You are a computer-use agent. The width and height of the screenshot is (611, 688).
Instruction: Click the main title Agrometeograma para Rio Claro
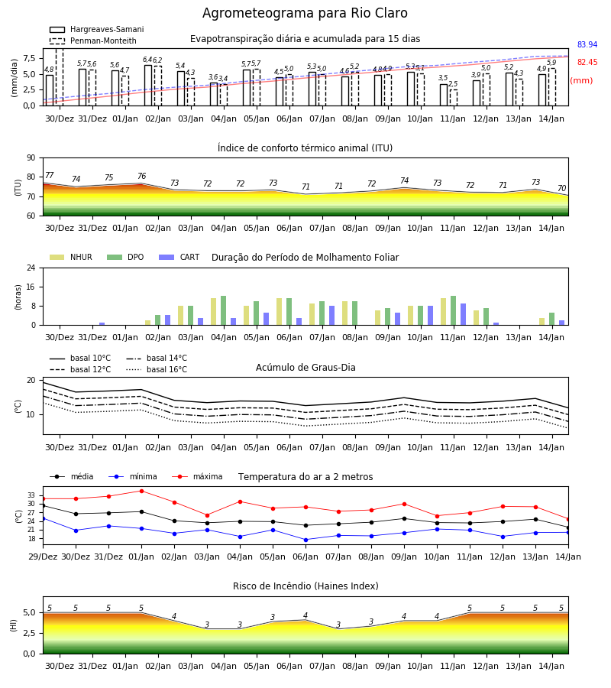click(305, 13)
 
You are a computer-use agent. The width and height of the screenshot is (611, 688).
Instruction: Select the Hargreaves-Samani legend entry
click(97, 29)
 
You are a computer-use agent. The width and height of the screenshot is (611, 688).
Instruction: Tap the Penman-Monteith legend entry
click(93, 41)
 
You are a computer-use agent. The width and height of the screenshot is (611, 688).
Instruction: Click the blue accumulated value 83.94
click(587, 44)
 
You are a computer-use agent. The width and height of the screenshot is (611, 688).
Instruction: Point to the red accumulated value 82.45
click(587, 62)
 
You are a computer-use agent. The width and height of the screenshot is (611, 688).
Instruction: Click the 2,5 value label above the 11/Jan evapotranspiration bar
click(453, 84)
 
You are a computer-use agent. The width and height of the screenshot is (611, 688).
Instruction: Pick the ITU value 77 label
click(49, 176)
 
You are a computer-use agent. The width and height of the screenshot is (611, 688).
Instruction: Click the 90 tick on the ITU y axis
click(31, 158)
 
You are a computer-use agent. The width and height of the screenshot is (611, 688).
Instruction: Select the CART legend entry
click(179, 257)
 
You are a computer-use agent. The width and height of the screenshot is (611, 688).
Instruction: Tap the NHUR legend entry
click(71, 257)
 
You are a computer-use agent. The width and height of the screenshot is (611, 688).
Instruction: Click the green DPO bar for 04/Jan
click(224, 310)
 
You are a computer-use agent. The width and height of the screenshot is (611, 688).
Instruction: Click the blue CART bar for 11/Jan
click(464, 314)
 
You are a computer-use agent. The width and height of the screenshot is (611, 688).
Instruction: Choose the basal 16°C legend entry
click(157, 369)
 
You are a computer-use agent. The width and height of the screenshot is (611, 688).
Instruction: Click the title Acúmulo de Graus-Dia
click(305, 368)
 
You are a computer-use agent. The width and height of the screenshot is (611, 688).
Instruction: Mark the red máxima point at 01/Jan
click(141, 491)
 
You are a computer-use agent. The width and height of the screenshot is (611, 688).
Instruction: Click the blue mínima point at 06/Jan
click(306, 540)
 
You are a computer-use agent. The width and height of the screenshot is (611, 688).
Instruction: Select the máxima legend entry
click(198, 476)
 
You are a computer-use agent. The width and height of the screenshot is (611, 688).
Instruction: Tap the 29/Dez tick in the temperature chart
click(43, 557)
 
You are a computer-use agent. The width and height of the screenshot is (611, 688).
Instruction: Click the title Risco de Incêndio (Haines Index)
click(305, 586)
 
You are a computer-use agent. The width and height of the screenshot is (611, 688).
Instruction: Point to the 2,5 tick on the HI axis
click(30, 633)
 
